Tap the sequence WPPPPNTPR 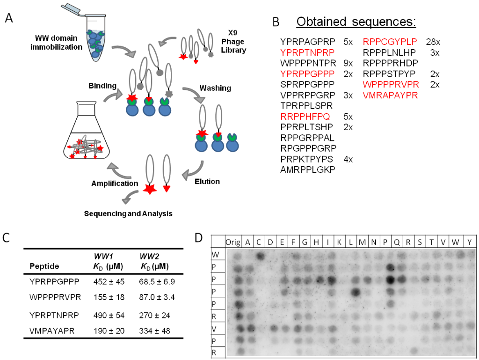coord(306,63)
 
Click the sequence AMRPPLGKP coord(307,170)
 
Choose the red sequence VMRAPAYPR coord(390,96)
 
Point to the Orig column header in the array coord(232,242)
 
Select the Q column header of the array coord(398,242)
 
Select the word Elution coord(208,181)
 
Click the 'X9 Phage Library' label coord(232,43)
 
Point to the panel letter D coord(199,237)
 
